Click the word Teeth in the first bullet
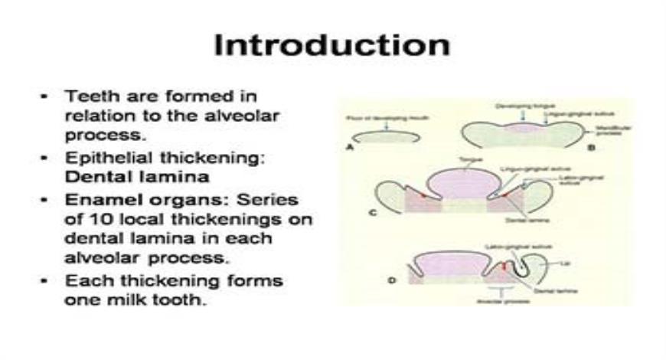[x=85, y=97]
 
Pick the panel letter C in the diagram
[x=374, y=213]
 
